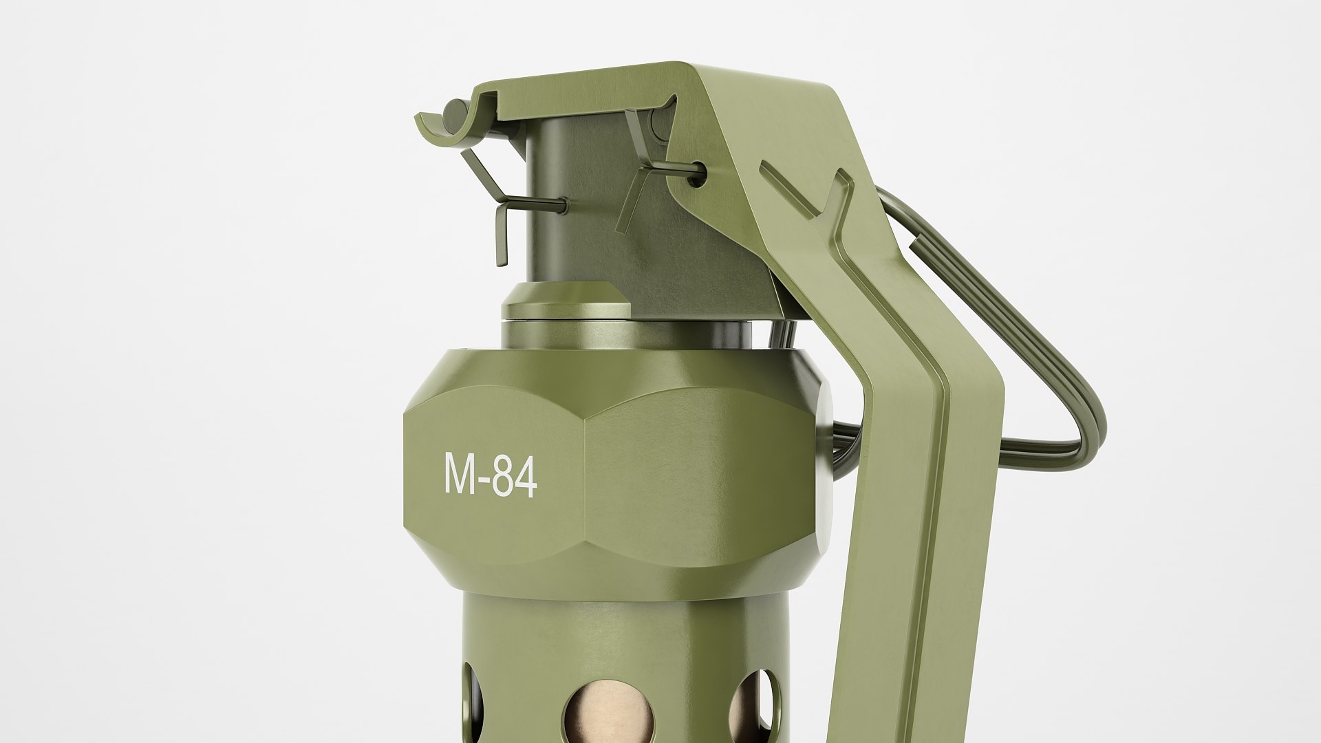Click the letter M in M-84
coord(459,474)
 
